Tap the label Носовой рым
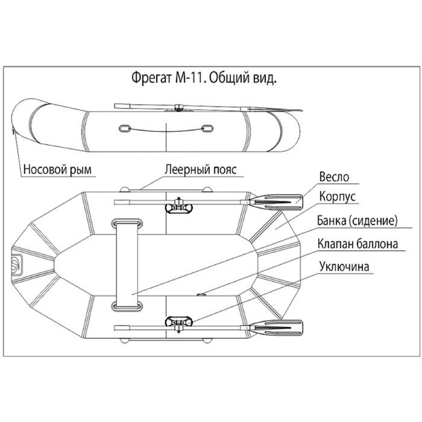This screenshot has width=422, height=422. [x=58, y=169]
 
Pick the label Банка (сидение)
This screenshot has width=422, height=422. [x=357, y=221]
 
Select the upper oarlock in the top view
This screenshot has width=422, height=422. [x=178, y=206]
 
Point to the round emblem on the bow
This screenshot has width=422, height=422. [x=16, y=263]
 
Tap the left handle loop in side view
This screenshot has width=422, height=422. [x=124, y=128]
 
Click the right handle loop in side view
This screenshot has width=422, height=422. [x=206, y=128]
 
